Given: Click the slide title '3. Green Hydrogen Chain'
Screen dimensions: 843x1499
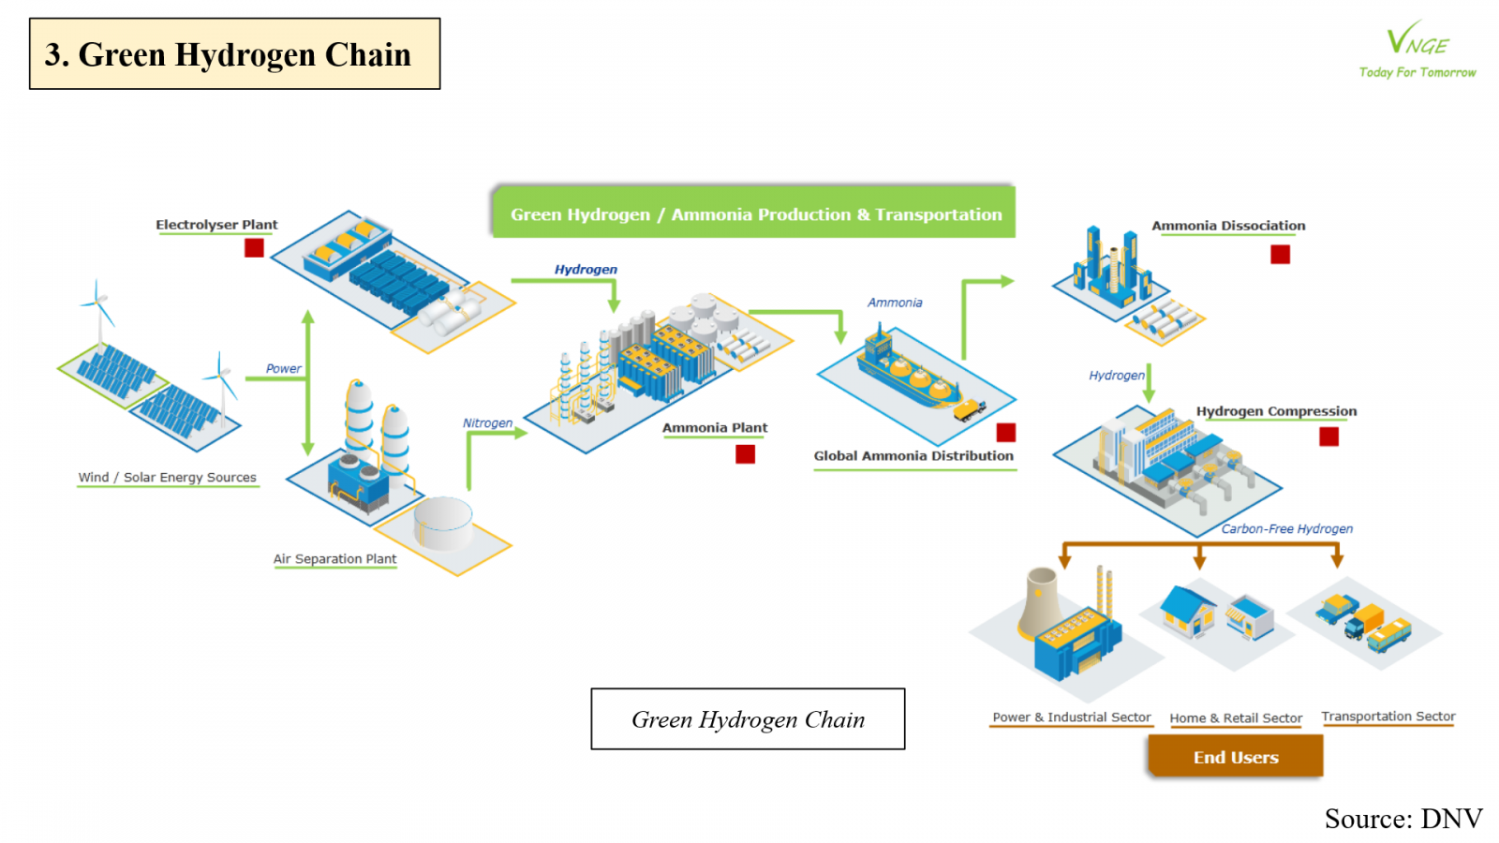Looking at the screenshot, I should point(234,54).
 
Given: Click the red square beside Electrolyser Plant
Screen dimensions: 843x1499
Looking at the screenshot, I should point(254,247).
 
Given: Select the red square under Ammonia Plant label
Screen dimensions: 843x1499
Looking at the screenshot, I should point(745,454).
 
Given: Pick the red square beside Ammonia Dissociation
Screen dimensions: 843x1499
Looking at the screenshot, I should point(1280,254).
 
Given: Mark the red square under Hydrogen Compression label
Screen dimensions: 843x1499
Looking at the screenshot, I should point(1328,436).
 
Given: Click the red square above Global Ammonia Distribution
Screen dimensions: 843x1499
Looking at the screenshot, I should point(1006,432).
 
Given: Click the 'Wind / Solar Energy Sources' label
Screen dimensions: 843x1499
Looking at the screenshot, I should point(167,478).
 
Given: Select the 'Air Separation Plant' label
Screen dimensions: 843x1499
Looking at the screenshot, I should point(334,559).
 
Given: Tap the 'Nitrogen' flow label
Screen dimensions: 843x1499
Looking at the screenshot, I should point(487,423).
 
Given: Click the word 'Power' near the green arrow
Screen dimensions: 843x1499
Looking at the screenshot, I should point(283,369).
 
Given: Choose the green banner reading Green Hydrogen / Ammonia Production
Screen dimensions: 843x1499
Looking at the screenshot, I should point(754,214).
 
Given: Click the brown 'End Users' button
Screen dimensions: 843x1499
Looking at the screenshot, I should point(1235,757).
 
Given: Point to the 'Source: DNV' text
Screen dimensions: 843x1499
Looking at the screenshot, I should point(1403,819).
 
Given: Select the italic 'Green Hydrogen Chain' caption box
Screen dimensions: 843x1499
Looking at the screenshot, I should point(748,719).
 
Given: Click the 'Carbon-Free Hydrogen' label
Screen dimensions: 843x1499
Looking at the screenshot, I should point(1286,529).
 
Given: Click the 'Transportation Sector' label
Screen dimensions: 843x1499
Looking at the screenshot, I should point(1388,717).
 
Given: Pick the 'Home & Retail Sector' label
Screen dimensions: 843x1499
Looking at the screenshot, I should point(1236,718).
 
